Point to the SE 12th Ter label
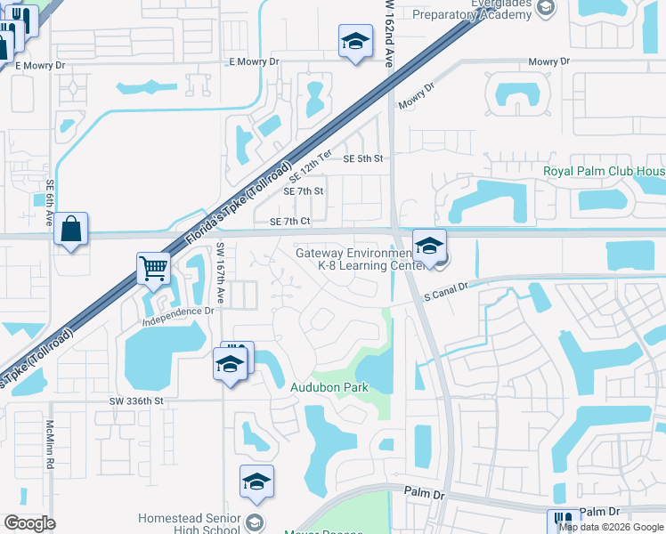pyautogui.click(x=309, y=166)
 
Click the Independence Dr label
pyautogui.click(x=178, y=311)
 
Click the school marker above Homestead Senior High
pyautogui.click(x=256, y=481)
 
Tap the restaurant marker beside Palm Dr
pyautogui.click(x=563, y=520)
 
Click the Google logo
pyautogui.click(x=29, y=523)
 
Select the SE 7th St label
pyautogui.click(x=303, y=191)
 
